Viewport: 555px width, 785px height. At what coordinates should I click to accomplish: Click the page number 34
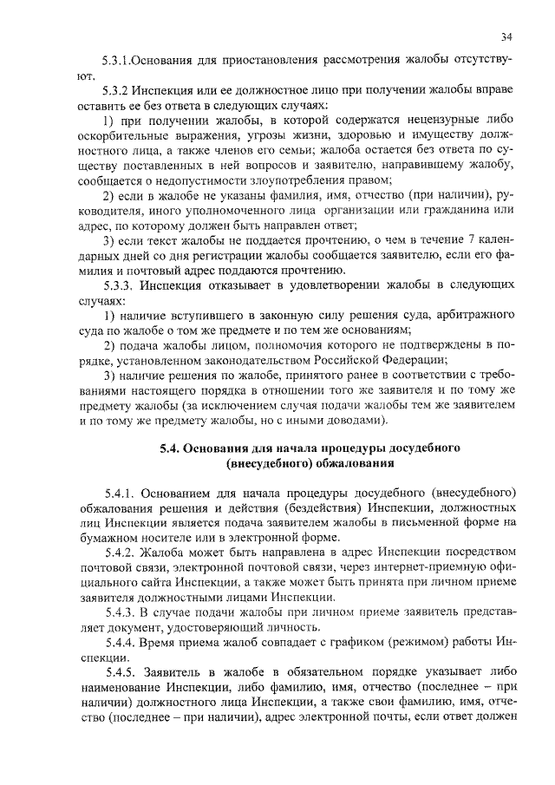tap(506, 36)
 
